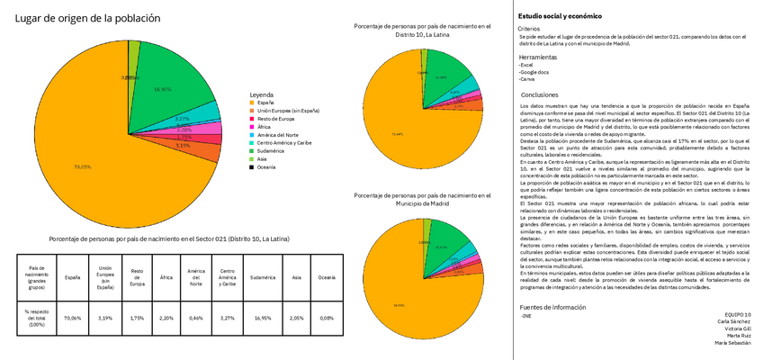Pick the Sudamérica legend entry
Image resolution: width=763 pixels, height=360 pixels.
pos(274,150)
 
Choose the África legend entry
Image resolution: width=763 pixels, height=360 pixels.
pos(266,127)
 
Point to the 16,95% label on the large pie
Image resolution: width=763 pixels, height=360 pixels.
pos(163,89)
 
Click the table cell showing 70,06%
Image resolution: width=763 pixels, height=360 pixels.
pos(73,318)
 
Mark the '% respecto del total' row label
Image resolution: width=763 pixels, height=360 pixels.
pos(37,318)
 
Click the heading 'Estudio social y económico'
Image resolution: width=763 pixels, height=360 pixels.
pos(557,16)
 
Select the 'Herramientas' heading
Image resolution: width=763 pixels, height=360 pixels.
pos(539,57)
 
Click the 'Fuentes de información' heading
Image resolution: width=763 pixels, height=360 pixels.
pos(553,308)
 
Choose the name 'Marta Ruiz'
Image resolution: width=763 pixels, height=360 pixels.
pos(732,335)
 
